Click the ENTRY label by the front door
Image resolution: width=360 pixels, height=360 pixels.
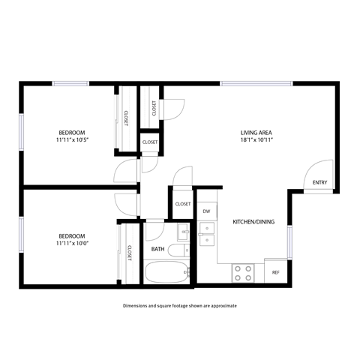pos(319,182)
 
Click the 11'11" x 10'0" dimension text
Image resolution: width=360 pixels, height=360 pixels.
pos(73,243)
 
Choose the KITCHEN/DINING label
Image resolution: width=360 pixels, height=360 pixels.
pos(251,222)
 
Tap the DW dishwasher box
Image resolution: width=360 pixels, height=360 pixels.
pos(206,211)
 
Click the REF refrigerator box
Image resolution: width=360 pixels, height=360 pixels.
pos(275,271)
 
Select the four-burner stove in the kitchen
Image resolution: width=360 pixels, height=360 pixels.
pos(242,272)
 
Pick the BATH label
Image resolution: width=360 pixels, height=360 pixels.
pos(157,249)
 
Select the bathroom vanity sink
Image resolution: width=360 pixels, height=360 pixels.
pos(182,229)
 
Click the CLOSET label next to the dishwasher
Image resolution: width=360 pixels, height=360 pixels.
pos(183,204)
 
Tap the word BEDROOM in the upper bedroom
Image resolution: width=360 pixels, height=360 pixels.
pos(73,132)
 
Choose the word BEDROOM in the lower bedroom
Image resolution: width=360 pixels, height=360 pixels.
pos(73,235)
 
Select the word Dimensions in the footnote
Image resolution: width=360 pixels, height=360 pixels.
pos(138,306)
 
